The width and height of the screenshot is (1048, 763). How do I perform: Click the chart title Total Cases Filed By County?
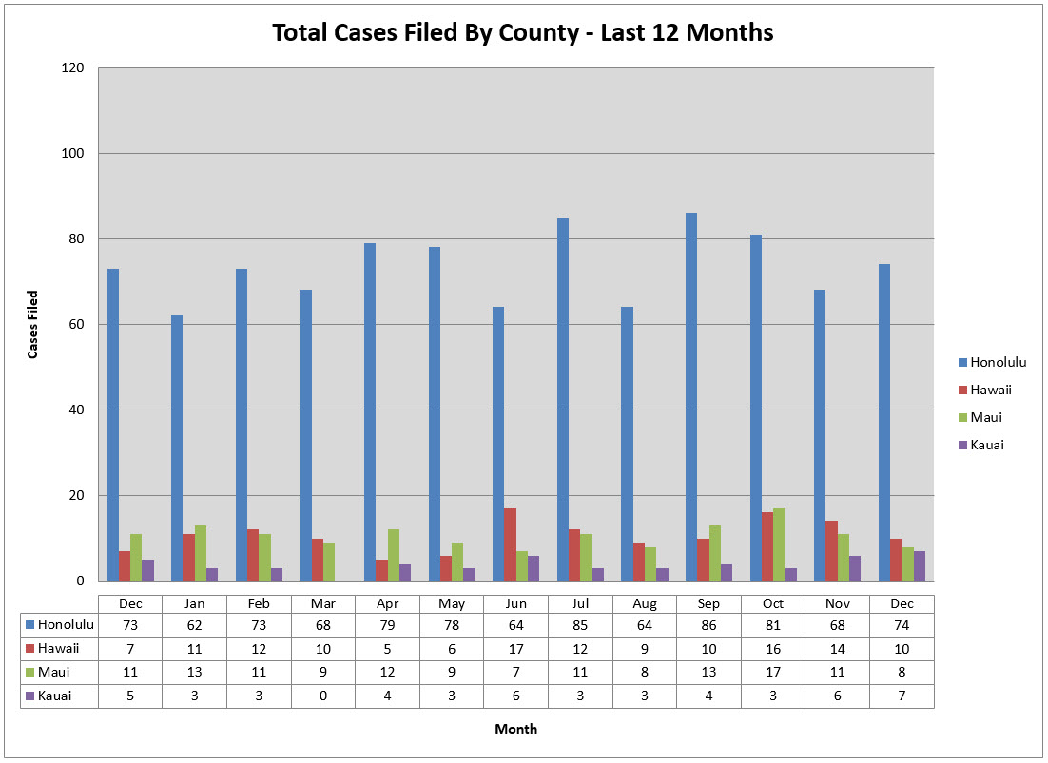522,33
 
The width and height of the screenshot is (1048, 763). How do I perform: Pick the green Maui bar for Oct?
779,544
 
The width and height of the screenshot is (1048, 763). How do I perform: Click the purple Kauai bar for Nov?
855,568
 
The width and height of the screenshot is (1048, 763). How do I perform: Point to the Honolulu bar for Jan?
177,448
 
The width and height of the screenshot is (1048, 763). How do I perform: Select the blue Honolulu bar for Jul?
563,399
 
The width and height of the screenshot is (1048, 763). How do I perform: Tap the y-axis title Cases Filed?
32,324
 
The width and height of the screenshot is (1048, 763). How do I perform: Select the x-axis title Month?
515,729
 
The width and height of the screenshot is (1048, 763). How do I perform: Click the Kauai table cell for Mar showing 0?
322,696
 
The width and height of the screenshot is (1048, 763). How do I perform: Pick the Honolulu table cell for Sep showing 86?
708,624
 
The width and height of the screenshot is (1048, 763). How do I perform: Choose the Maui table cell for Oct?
772,672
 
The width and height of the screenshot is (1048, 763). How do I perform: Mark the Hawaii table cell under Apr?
387,648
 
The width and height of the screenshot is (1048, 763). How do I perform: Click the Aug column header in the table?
644,604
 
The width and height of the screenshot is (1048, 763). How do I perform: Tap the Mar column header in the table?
322,604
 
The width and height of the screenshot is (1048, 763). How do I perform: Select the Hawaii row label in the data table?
59,648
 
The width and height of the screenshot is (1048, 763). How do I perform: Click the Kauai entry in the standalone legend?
986,445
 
